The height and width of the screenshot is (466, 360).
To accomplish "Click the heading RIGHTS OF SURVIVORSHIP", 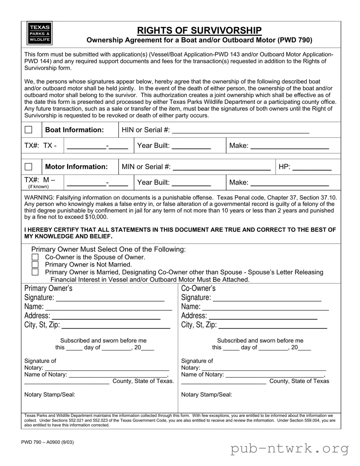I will [x=199, y=30].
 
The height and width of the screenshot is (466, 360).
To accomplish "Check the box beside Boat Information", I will [x=28, y=130].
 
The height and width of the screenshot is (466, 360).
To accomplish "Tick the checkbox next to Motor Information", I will [x=28, y=167].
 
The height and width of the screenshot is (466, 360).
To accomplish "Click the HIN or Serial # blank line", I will [x=241, y=131].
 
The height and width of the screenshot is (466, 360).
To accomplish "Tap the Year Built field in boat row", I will [x=191, y=146].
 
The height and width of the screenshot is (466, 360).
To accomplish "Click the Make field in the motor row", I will [x=289, y=183].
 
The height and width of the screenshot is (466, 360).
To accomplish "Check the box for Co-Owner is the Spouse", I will [x=35, y=257].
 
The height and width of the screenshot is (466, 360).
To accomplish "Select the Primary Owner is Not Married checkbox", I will [x=35, y=265].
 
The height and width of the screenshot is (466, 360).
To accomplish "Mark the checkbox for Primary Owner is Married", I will [x=35, y=272].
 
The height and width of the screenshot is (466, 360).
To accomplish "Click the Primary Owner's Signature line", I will [x=110, y=298].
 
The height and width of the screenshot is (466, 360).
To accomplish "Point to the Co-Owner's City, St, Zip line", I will [x=273, y=326].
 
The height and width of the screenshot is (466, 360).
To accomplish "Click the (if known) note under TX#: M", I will [x=38, y=186].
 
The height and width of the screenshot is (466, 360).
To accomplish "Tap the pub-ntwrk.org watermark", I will [x=289, y=449].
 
